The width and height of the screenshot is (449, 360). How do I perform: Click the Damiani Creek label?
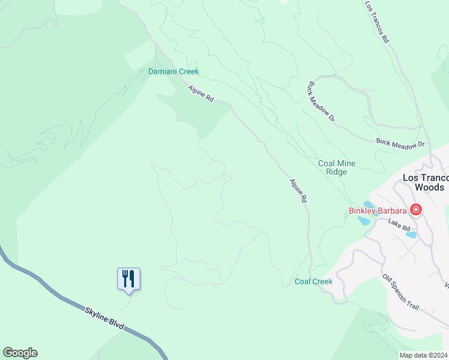[173, 71]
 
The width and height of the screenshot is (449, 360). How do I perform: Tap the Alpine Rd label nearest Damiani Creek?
[200, 92]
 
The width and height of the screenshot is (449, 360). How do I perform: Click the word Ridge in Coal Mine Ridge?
[337, 172]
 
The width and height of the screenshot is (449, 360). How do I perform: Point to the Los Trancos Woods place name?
[426, 182]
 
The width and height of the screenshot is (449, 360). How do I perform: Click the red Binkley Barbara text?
[378, 211]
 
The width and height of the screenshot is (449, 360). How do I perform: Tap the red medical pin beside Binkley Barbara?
[415, 210]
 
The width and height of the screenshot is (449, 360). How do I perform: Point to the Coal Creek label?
[313, 281]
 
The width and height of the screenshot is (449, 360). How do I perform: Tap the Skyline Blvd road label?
[104, 317]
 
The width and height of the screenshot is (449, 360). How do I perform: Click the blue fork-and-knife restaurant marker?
[128, 279]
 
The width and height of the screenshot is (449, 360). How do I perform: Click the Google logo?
[20, 353]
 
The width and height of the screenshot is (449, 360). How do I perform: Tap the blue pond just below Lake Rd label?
[411, 235]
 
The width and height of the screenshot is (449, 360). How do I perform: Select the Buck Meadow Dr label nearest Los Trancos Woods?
[400, 144]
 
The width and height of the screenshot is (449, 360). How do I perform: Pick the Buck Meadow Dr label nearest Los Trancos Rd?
[321, 101]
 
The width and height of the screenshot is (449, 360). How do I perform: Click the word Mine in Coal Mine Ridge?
[346, 163]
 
